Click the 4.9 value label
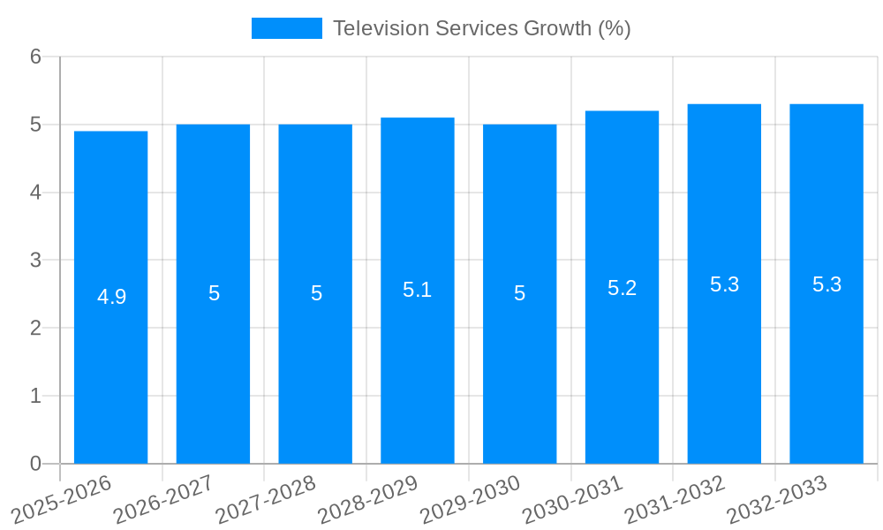coord(112,297)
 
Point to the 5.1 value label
coord(417,290)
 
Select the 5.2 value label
coord(622,287)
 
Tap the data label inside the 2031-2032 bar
coord(724,284)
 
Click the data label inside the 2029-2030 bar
coord(520,293)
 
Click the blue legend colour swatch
coord(287,28)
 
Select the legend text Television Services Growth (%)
coord(481,28)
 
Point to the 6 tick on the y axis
coord(35,57)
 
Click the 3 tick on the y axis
coord(35,261)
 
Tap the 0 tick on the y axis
coord(35,464)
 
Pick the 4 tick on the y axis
coord(35,193)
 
